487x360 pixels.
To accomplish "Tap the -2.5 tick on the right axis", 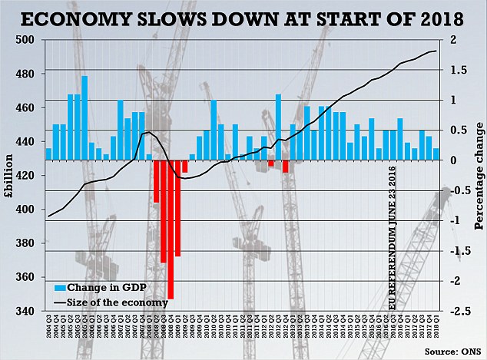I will (x=459, y=311).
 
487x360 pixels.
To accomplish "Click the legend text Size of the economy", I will (x=118, y=302).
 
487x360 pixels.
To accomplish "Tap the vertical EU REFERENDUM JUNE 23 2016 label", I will (x=391, y=230).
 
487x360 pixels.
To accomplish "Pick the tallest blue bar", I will (x=84, y=117).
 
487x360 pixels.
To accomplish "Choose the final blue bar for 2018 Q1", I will (x=436, y=154).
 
